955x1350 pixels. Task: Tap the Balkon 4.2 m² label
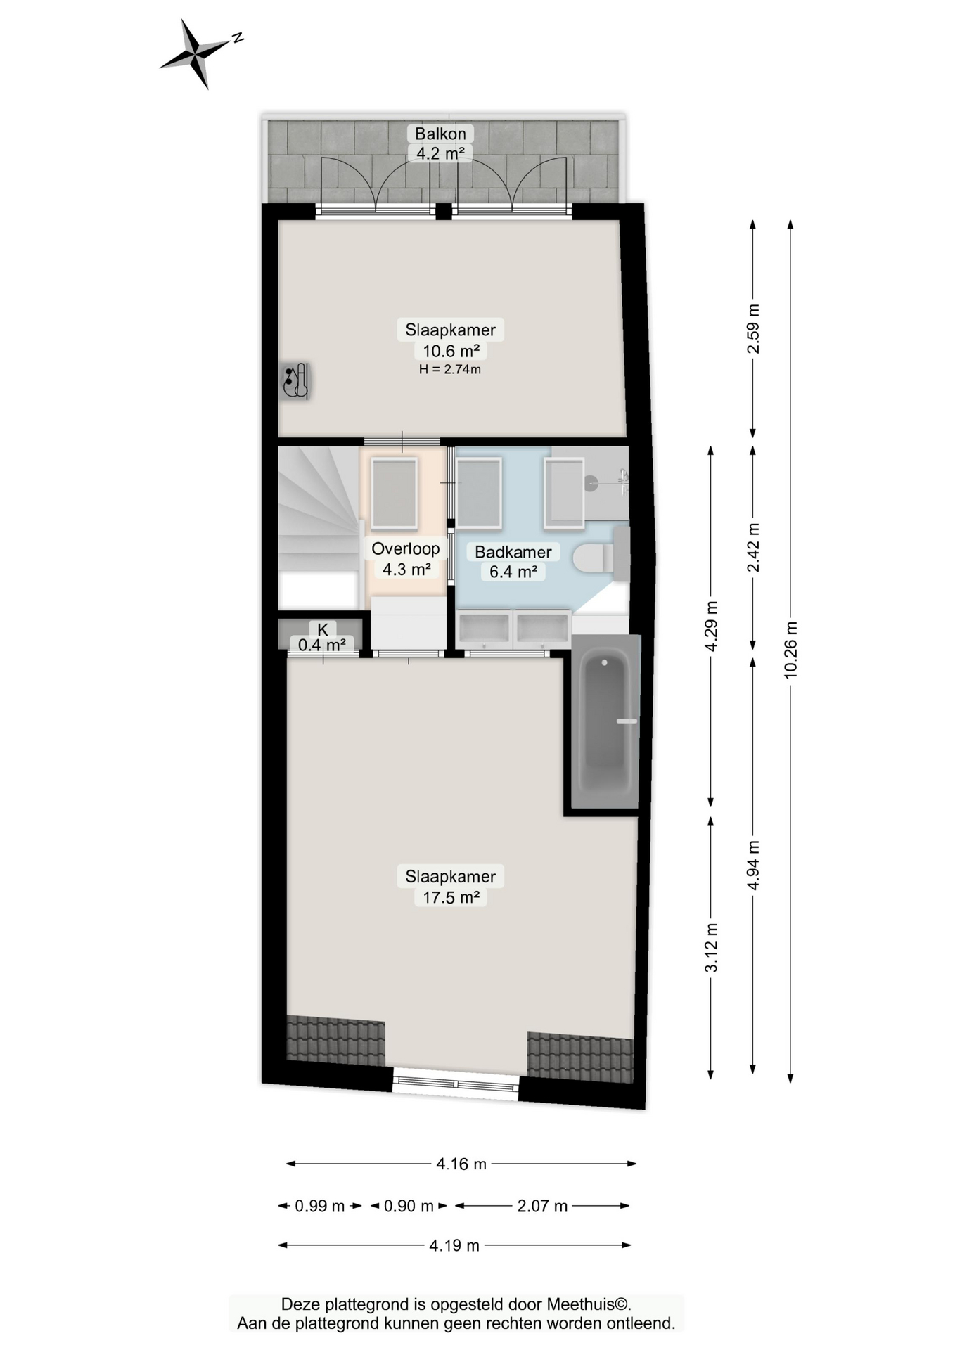click(440, 143)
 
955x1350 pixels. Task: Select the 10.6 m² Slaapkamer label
click(451, 340)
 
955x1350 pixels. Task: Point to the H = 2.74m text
click(450, 369)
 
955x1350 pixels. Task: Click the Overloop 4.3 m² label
click(406, 559)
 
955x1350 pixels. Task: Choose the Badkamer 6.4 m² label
click(513, 562)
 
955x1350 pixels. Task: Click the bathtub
click(606, 722)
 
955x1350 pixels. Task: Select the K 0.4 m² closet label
click(322, 637)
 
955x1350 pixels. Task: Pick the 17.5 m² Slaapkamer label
click(451, 887)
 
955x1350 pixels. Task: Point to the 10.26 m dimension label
click(791, 650)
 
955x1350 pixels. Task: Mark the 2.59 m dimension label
click(753, 328)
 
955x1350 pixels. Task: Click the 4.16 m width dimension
click(461, 1164)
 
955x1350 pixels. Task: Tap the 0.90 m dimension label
click(409, 1206)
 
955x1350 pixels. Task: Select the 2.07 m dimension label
click(542, 1206)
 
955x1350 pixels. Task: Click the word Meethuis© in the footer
click(589, 1304)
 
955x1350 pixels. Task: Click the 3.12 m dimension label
click(712, 947)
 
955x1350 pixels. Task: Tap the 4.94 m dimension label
click(753, 865)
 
